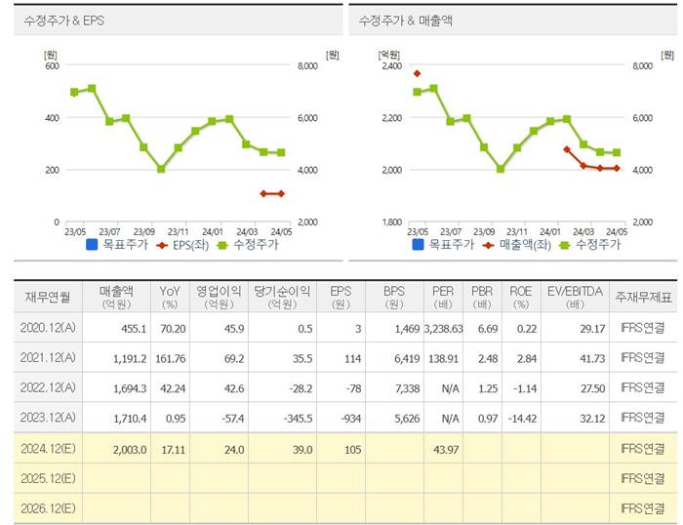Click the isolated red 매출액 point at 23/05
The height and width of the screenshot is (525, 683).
point(417,73)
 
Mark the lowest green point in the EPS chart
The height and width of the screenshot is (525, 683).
point(161,169)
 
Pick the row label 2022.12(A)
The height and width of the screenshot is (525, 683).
point(47,387)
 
